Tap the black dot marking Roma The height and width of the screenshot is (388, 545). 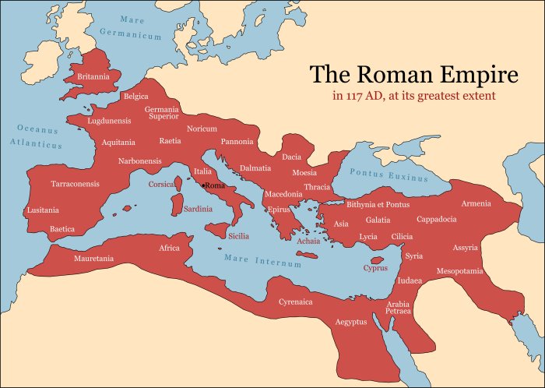click(203, 185)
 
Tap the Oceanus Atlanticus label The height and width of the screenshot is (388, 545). click(37, 136)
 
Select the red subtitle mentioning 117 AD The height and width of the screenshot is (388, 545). click(414, 96)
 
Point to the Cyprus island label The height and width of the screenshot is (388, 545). click(375, 268)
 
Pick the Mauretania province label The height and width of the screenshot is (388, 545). click(93, 258)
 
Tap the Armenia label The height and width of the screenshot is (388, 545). click(476, 203)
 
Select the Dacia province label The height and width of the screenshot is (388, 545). click(291, 157)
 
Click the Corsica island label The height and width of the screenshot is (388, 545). click(162, 185)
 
